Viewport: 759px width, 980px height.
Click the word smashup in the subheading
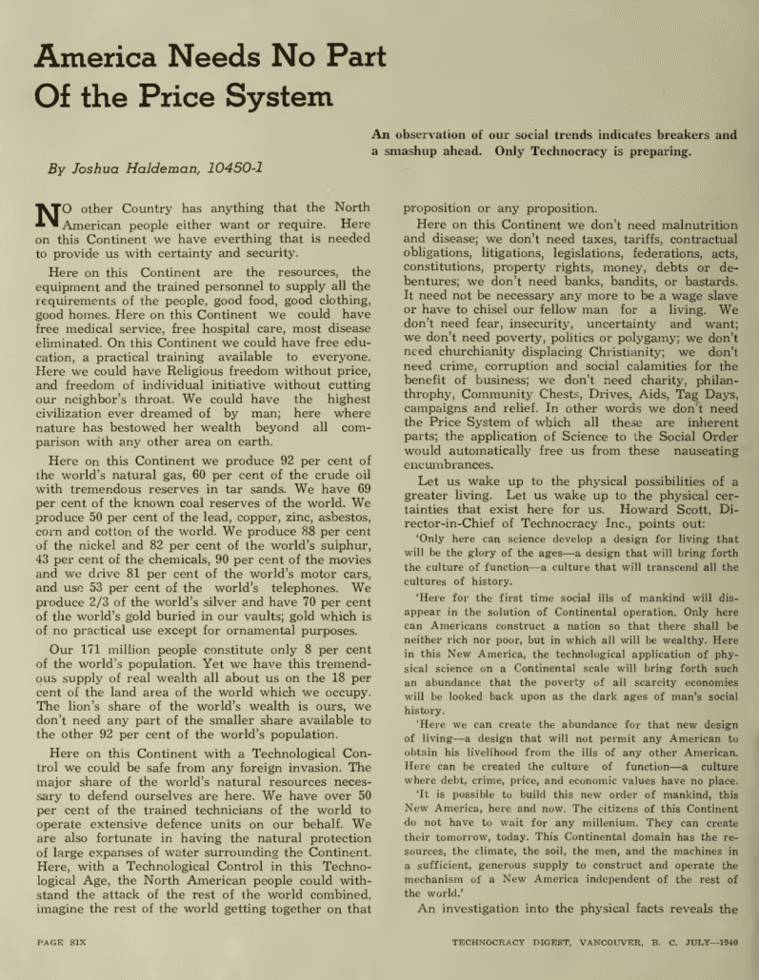click(426, 150)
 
